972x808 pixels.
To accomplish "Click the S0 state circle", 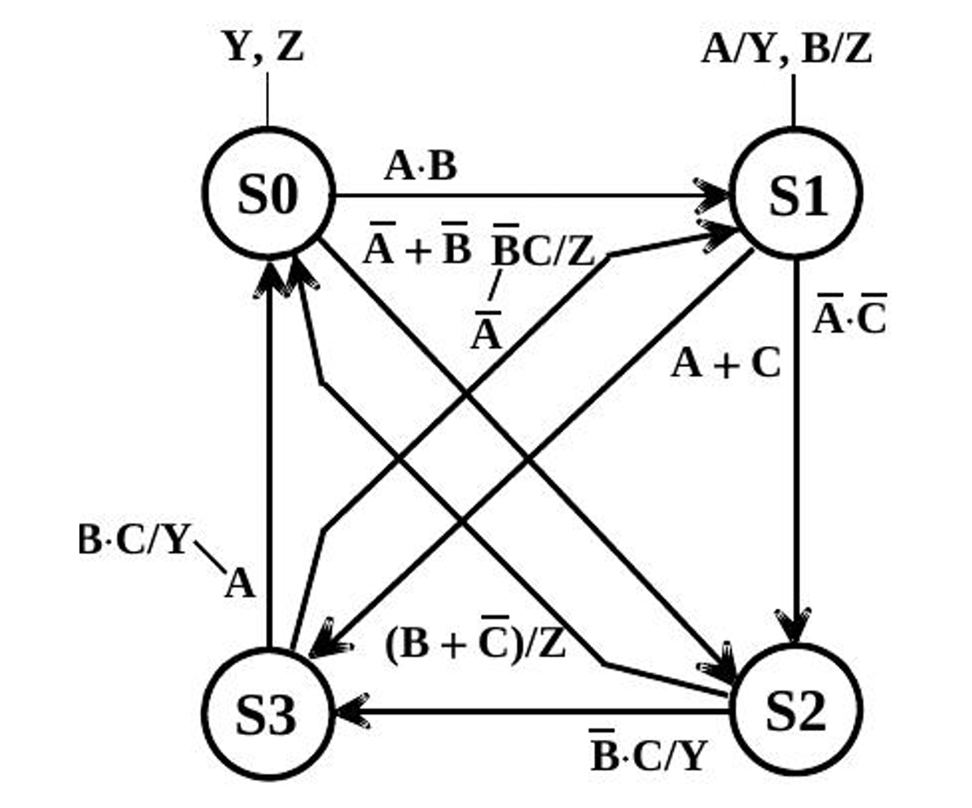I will [x=268, y=194].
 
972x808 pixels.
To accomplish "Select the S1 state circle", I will [x=795, y=194].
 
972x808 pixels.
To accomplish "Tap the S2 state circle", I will [x=795, y=711].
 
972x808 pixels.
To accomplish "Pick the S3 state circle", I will [x=267, y=713].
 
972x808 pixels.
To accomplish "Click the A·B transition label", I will [x=421, y=167].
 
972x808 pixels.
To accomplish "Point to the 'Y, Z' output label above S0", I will [x=263, y=47].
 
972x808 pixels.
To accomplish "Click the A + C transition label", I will [x=726, y=365].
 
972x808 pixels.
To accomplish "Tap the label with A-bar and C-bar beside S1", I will [x=849, y=315].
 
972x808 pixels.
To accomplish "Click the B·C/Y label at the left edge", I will [x=134, y=541].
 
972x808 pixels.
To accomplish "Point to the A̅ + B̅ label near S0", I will [x=417, y=246].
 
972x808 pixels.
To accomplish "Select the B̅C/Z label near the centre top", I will [x=544, y=248].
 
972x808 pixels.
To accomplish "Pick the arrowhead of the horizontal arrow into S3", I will [x=350, y=712].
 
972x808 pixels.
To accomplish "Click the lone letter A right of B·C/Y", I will [x=240, y=584].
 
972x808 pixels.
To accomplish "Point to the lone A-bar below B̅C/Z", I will [x=486, y=329].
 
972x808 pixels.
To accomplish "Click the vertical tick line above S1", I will [x=794, y=100].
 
